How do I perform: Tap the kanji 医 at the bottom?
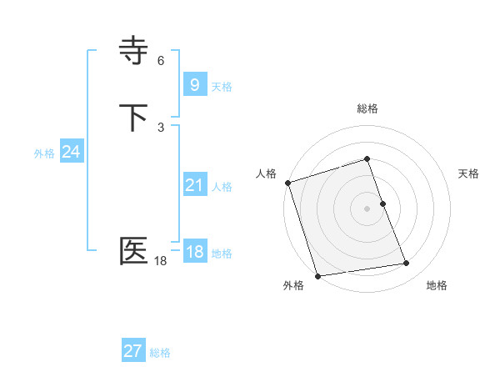click(134, 251)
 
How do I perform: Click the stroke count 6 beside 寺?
click(161, 61)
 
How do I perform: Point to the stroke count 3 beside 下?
click(161, 127)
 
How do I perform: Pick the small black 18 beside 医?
click(160, 261)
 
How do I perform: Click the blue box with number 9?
click(194, 84)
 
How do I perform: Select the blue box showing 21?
click(194, 185)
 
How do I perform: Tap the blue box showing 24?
click(72, 152)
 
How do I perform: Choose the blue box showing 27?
click(132, 351)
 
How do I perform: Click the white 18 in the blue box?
click(194, 252)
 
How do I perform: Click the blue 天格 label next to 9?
click(222, 87)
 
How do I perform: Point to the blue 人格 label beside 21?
click(222, 187)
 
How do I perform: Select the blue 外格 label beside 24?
click(44, 153)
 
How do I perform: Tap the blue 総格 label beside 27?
click(160, 353)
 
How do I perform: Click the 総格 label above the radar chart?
click(367, 108)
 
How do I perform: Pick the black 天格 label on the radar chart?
click(469, 173)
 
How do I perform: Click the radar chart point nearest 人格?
click(287, 183)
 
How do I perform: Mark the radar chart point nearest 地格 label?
click(407, 264)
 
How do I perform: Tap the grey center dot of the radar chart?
click(367, 209)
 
